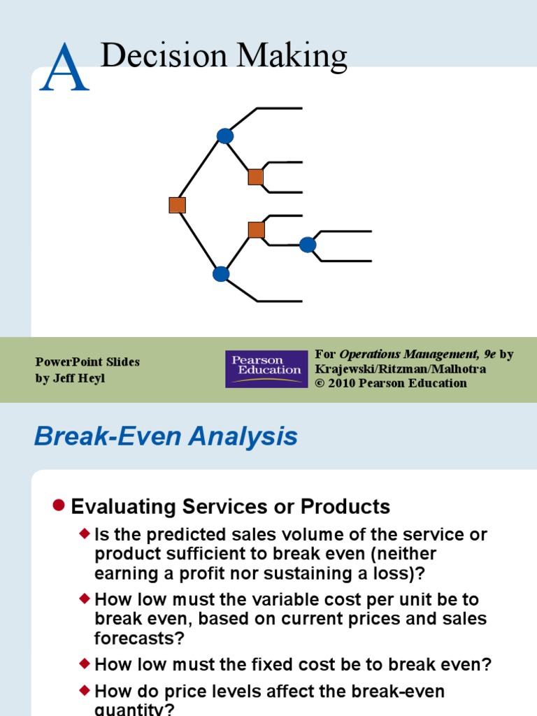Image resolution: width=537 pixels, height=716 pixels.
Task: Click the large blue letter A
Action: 64,68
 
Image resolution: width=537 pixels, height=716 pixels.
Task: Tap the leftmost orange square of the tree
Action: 177,205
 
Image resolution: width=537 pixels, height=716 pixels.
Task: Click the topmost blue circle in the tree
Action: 225,136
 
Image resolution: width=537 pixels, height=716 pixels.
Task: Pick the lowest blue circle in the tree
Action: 221,273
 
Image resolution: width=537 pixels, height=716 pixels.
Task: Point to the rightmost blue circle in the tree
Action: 308,245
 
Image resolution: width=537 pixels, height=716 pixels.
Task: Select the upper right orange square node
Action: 256,177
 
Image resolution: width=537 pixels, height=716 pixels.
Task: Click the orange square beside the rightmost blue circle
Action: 257,230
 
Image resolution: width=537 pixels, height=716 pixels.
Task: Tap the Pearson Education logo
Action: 266,369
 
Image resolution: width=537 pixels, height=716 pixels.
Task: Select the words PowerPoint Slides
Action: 87,362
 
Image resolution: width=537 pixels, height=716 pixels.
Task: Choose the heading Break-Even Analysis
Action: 166,437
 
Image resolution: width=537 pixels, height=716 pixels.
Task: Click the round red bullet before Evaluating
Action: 59,505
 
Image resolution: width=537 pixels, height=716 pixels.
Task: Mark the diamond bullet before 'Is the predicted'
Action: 85,534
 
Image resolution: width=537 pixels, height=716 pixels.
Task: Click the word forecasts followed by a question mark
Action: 131,638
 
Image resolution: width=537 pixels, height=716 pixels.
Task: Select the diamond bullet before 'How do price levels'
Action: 85,691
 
